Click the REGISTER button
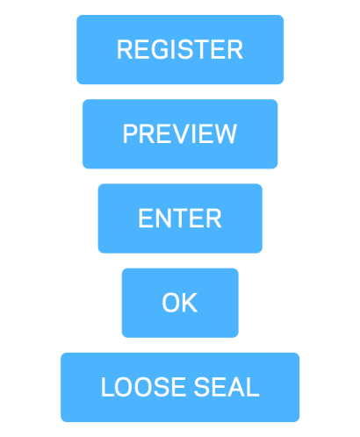(x=180, y=50)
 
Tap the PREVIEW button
(x=180, y=134)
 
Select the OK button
(x=180, y=303)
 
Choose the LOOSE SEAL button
(x=180, y=387)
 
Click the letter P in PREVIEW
(x=131, y=134)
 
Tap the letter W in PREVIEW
(x=222, y=134)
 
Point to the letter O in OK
(x=171, y=303)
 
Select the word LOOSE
(x=144, y=387)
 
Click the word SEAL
(x=227, y=387)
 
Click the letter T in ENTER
(x=188, y=218)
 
